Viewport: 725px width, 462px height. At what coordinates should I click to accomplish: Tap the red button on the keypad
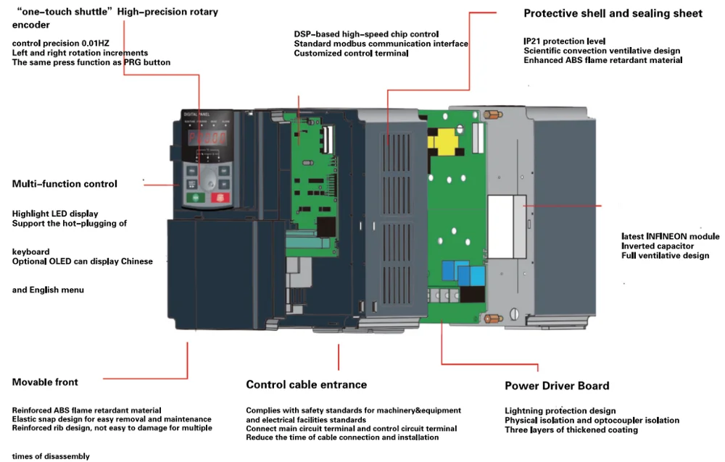[x=217, y=197]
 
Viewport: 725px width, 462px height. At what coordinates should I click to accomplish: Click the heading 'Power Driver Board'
[x=557, y=386]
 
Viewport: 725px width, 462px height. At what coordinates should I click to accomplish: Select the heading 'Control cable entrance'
[x=306, y=385]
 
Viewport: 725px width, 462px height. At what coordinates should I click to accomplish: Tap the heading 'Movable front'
[x=45, y=382]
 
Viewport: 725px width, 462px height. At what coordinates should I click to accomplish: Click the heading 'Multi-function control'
[x=65, y=184]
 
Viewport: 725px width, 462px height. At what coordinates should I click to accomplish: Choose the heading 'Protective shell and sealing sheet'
[x=613, y=13]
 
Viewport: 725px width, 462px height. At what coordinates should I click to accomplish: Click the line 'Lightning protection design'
[x=560, y=411]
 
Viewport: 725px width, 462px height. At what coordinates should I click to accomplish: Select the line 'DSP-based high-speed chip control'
[x=366, y=34]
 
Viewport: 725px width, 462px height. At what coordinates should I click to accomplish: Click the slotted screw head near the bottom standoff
[x=513, y=314]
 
